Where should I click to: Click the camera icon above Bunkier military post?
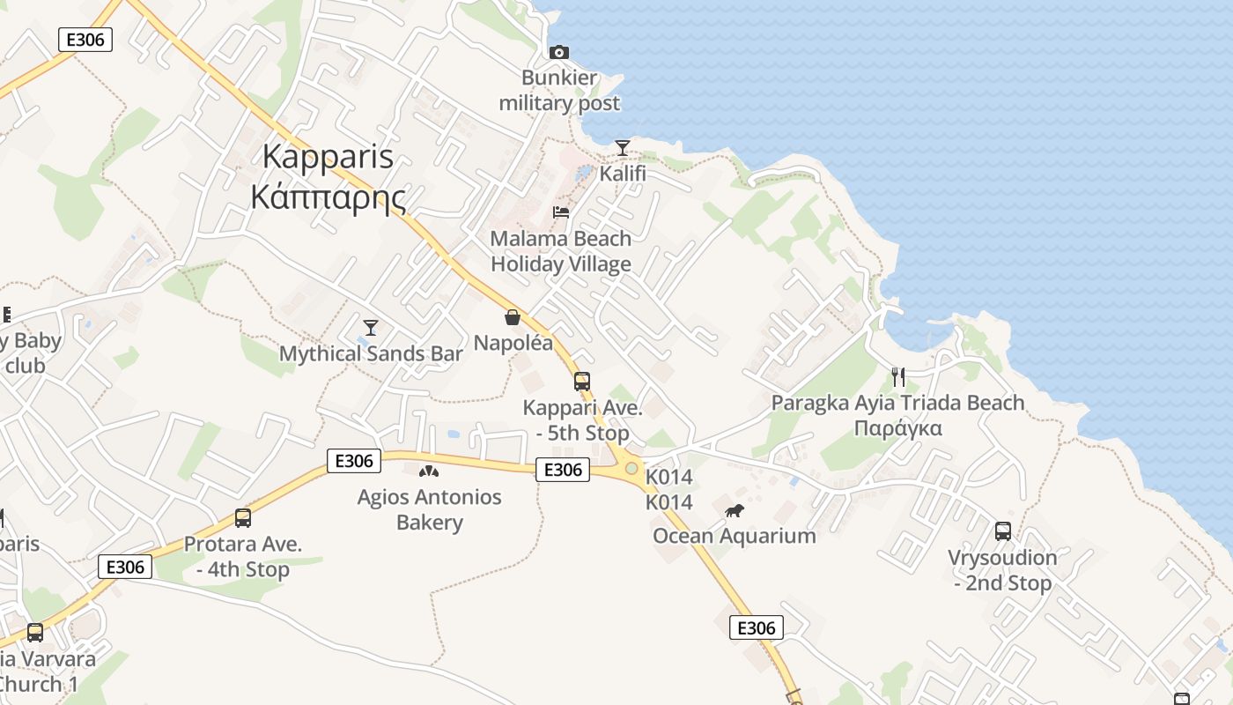[558, 53]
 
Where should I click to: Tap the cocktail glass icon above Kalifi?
[623, 147]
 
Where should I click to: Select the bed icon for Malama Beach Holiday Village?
[560, 212]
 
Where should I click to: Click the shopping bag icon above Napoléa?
[513, 317]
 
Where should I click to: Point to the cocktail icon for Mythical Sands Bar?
[371, 328]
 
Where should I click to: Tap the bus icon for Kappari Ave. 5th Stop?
[582, 382]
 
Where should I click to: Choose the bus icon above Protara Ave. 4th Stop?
[243, 518]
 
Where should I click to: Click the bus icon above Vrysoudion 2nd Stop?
[1003, 531]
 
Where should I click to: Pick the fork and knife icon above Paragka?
[898, 377]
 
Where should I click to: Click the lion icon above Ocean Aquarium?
[734, 510]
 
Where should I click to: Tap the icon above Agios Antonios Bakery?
[429, 472]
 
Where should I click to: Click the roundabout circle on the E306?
[631, 468]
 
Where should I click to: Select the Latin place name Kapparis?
[328, 157]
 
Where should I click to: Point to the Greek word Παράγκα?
[897, 428]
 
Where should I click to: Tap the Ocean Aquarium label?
[734, 536]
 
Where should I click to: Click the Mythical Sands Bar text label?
[371, 353]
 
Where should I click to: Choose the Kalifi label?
[623, 174]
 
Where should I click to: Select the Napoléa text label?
[513, 343]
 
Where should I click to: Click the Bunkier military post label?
[559, 91]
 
